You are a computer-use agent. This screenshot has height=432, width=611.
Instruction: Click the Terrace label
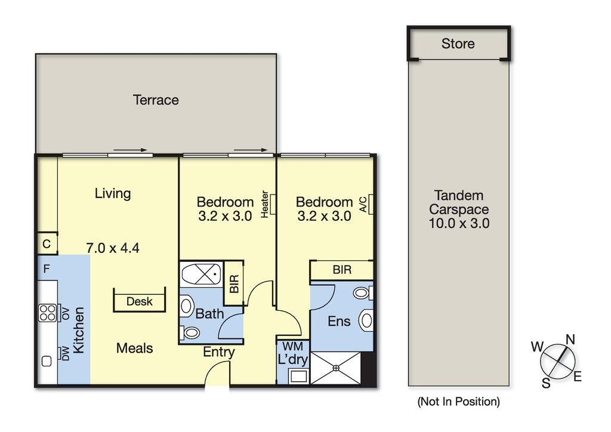[x=156, y=100]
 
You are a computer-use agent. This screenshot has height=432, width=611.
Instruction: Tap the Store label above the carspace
[x=458, y=44]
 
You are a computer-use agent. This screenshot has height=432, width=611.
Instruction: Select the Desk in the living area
[x=140, y=300]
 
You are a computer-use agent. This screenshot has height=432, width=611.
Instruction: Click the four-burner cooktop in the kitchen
[x=48, y=313]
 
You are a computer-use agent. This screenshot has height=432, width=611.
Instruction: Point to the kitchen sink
[x=47, y=362]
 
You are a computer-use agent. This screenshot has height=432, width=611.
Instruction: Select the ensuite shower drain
[x=336, y=368]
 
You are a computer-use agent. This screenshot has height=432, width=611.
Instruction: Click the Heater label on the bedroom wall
[x=264, y=204]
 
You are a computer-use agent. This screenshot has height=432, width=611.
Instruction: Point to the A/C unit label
[x=363, y=204]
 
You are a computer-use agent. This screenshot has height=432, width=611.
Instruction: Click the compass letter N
[x=570, y=340]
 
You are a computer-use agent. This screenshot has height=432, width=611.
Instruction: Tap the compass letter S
[x=546, y=383]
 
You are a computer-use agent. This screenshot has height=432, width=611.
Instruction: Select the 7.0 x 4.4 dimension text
[x=113, y=248]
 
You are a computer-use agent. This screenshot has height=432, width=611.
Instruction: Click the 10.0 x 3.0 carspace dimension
[x=459, y=223]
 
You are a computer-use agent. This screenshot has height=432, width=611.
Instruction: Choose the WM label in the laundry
[x=292, y=346]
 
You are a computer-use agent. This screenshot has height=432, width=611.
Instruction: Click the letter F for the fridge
[x=47, y=269]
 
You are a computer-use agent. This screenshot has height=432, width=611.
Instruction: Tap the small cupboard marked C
[x=47, y=244]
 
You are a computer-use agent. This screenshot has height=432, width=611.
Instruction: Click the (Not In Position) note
[x=458, y=401]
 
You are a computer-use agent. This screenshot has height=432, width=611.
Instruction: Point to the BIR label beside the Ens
[x=342, y=270]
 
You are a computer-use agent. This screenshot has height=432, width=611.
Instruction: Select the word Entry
[x=219, y=353]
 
